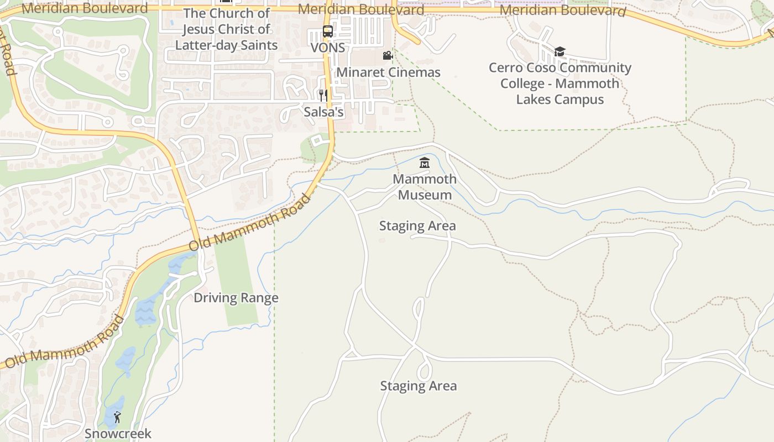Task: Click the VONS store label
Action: click(328, 48)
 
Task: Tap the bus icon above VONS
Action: click(328, 31)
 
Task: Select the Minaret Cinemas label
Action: click(388, 72)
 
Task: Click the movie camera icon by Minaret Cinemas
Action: click(388, 55)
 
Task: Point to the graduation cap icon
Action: click(559, 52)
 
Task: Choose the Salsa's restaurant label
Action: click(323, 112)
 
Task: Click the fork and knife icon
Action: click(323, 96)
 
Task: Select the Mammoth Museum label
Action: click(425, 187)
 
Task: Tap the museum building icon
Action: click(425, 162)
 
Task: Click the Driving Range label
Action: click(236, 298)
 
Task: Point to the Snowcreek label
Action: click(118, 434)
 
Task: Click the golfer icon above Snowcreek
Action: click(117, 417)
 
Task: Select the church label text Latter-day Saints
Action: click(226, 45)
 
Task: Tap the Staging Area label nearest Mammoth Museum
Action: click(417, 226)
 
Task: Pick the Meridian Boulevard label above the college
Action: click(562, 10)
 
